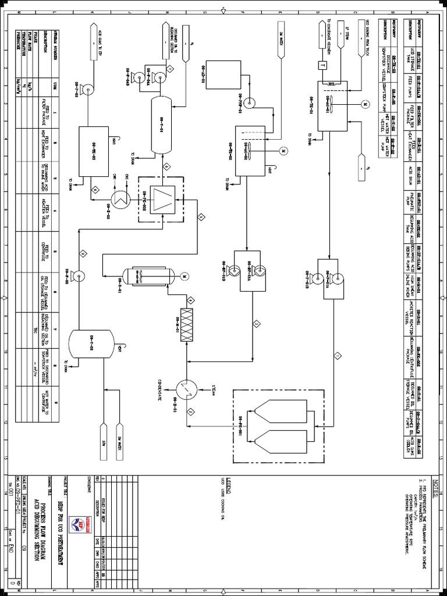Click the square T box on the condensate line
point(321,66)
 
